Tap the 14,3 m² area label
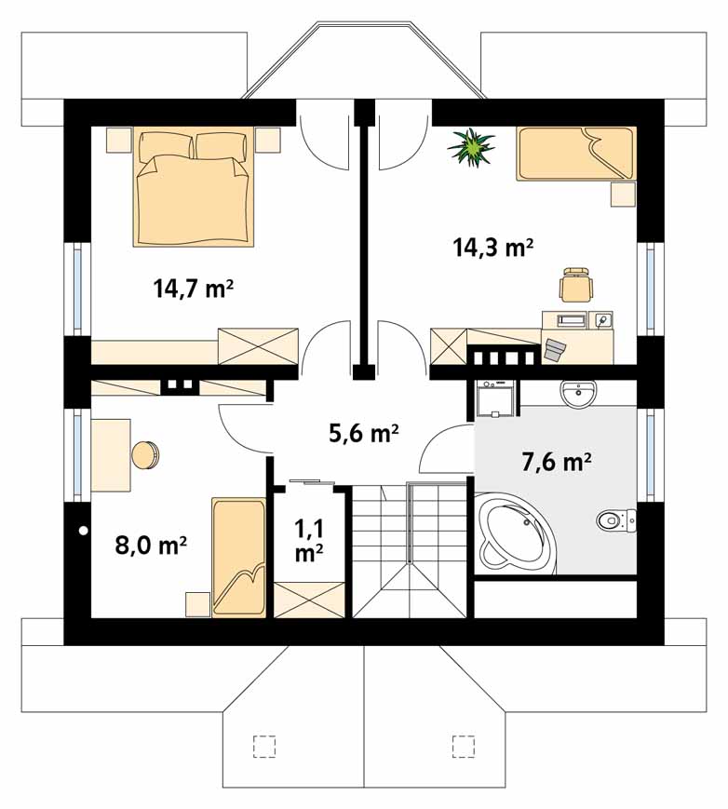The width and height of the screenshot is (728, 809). click(x=492, y=248)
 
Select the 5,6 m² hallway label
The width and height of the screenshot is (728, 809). click(x=364, y=434)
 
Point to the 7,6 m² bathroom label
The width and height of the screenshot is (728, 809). click(x=556, y=462)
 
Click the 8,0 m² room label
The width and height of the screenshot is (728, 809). click(x=151, y=545)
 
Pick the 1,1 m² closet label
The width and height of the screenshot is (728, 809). click(x=309, y=541)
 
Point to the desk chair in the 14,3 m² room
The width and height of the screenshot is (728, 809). click(x=576, y=284)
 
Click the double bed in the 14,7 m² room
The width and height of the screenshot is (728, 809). click(x=194, y=186)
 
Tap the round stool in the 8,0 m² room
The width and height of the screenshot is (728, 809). click(x=145, y=455)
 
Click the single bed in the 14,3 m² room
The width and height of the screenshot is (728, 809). click(x=576, y=154)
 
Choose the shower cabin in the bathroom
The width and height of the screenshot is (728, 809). click(x=494, y=398)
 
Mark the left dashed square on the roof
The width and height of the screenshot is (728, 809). click(x=264, y=746)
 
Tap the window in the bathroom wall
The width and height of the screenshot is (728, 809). click(x=650, y=455)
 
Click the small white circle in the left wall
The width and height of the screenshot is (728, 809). click(x=83, y=530)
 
